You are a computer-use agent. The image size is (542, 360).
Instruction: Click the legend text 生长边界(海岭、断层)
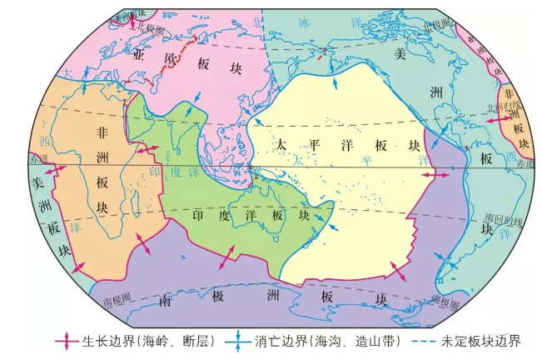pyautogui.click(x=147, y=341)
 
